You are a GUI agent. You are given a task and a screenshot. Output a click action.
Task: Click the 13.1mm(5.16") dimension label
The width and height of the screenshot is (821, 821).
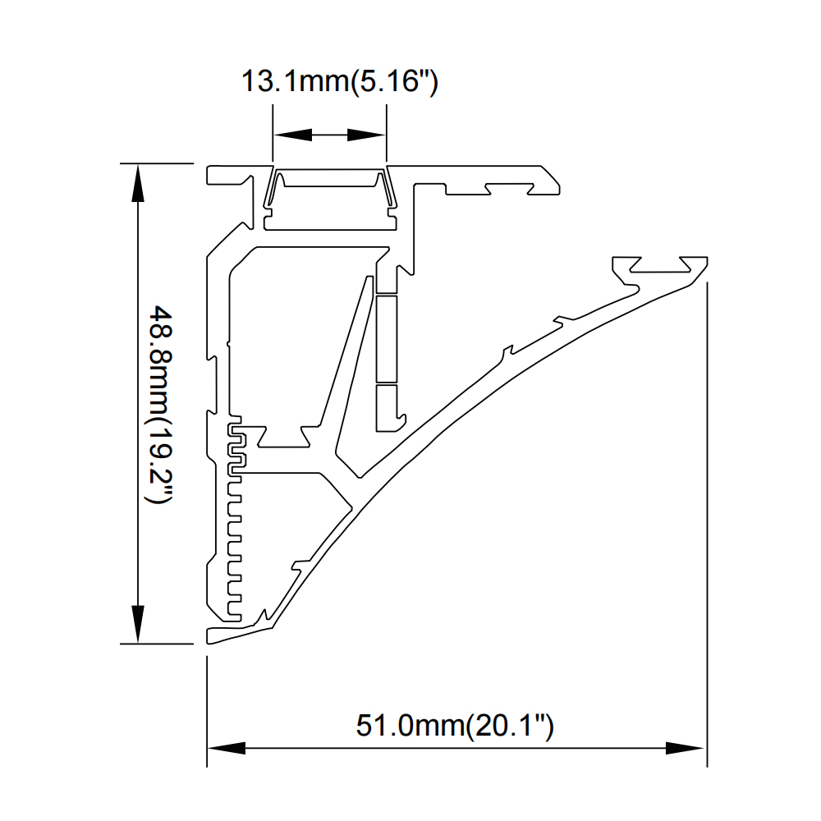[x=339, y=82]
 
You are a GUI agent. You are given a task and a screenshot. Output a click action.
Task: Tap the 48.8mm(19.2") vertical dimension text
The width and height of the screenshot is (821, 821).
[x=161, y=405]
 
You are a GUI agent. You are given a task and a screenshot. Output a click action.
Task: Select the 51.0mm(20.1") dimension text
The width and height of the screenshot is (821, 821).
[x=455, y=726]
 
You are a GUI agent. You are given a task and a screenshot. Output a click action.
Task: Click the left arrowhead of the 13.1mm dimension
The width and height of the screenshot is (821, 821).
[x=293, y=135]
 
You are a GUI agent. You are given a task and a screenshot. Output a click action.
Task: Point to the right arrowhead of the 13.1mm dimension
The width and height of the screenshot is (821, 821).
[x=366, y=135]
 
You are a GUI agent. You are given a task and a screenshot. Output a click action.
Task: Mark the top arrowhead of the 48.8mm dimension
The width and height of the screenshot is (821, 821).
[x=137, y=183]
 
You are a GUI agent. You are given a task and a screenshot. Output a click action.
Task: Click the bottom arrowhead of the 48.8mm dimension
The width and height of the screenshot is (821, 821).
[x=137, y=624]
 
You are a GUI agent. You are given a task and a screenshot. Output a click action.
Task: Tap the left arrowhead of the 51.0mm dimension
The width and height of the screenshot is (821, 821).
[x=227, y=748]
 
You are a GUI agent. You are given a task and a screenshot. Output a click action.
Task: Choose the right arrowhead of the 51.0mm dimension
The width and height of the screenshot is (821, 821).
[x=685, y=748]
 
